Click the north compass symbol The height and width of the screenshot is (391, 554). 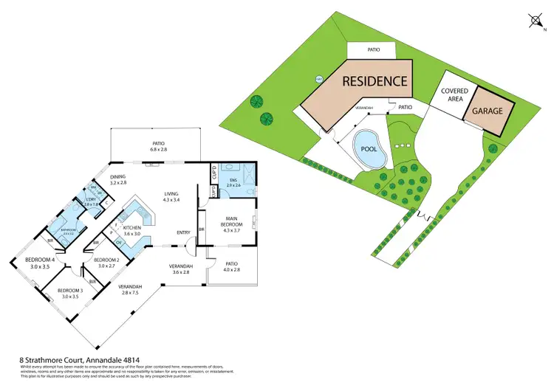coord(535,20)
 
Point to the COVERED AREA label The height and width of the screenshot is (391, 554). coord(454,96)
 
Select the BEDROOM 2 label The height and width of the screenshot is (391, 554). coord(106,263)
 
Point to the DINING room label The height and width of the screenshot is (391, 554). coord(119,180)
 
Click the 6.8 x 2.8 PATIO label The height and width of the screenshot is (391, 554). coord(158,146)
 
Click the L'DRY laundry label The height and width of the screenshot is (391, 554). coord(92,201)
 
